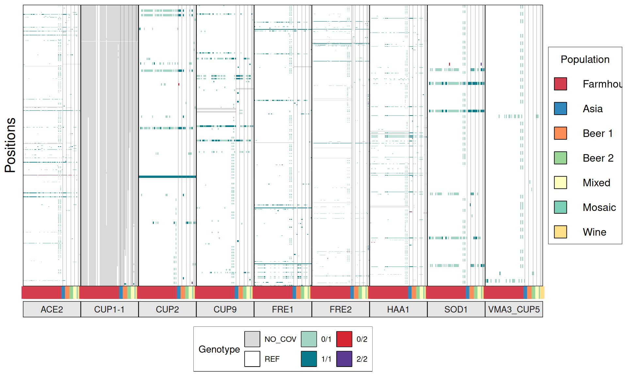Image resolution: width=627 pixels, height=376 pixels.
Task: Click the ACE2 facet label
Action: pos(52,309)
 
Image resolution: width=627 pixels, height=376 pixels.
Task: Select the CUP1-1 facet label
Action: pos(109,309)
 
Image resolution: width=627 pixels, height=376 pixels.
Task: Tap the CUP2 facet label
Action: pos(167,309)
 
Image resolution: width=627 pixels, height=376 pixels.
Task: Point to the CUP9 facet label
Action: pos(225,309)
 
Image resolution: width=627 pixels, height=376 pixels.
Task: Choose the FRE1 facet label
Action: pos(283,309)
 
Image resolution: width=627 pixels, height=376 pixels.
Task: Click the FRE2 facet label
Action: pos(341,309)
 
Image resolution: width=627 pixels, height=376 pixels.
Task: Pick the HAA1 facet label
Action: pos(398,309)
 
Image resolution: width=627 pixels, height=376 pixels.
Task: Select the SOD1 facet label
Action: pos(456,309)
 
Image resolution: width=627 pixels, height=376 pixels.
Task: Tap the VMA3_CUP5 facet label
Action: pos(514,309)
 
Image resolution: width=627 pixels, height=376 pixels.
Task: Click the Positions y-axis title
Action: pos(10,145)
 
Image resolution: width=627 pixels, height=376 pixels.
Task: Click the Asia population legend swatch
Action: pos(560,109)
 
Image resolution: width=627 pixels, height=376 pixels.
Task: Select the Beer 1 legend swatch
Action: pos(560,133)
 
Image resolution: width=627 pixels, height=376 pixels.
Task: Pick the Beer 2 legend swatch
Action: pos(560,158)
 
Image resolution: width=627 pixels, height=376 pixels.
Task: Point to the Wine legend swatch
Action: pos(560,232)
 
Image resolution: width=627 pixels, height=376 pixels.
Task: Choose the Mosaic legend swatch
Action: pos(560,207)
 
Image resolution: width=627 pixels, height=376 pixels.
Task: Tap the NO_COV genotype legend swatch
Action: pos(252,339)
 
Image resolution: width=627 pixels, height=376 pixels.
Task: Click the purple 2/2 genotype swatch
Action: pos(344,359)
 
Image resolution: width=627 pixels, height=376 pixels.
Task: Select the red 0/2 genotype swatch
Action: pos(344,339)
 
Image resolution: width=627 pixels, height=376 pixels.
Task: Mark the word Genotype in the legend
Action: pos(219,349)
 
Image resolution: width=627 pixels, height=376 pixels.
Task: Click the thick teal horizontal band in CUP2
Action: pos(167,177)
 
